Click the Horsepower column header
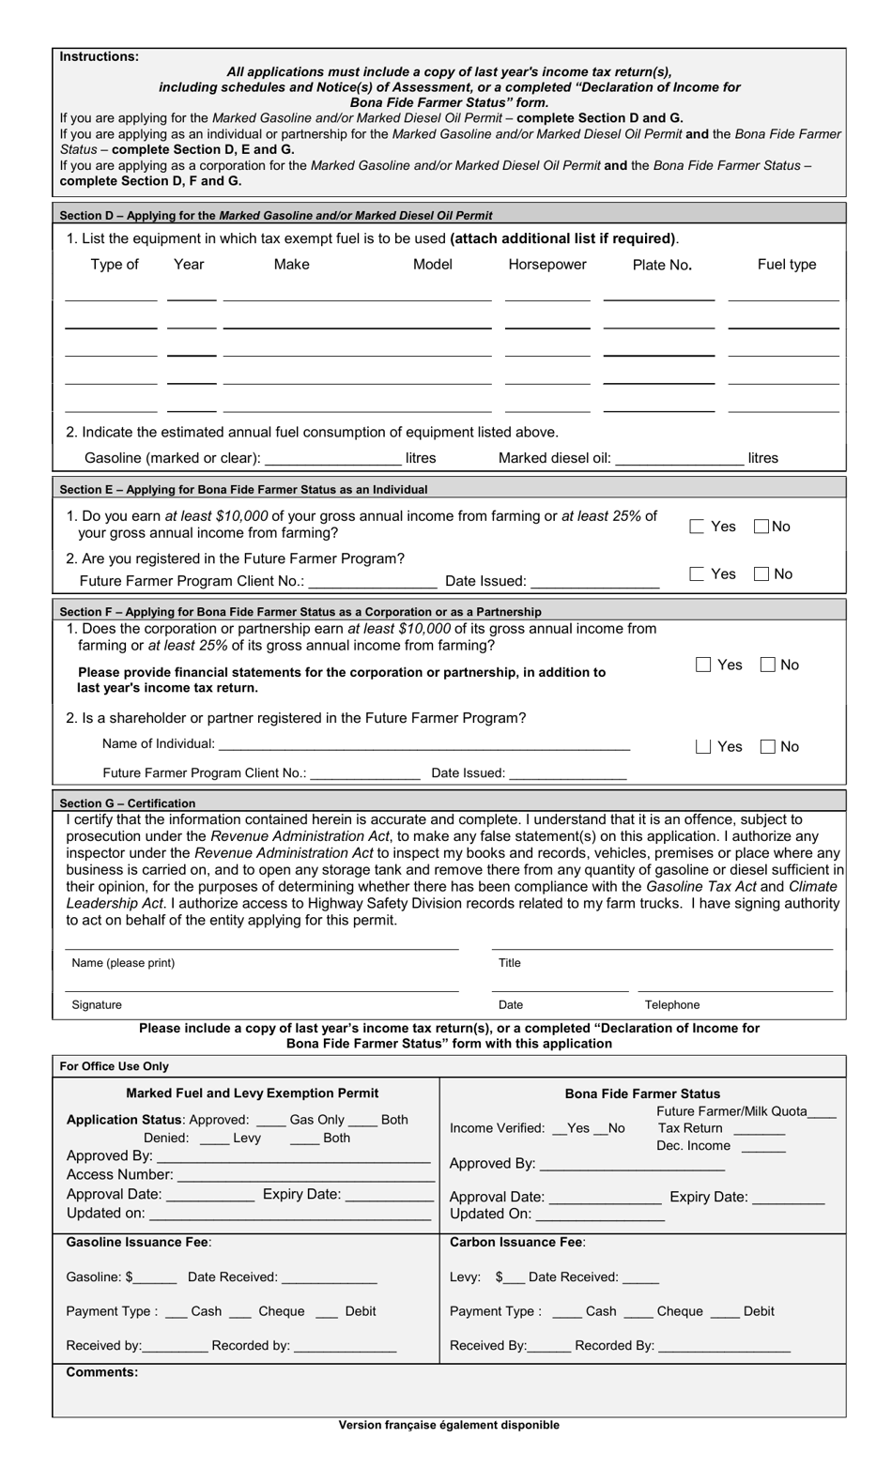pyautogui.click(x=546, y=265)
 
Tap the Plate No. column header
pyautogui.click(x=662, y=265)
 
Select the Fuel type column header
pyautogui.click(x=786, y=265)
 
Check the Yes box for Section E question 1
pyautogui.click(x=697, y=527)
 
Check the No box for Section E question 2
pyautogui.click(x=762, y=574)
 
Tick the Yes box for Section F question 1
pyautogui.click(x=703, y=665)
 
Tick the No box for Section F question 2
pyautogui.click(x=768, y=747)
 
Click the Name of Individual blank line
pyautogui.click(x=423, y=745)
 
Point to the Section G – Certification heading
pyautogui.click(x=128, y=803)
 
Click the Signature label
pyautogui.click(x=97, y=1005)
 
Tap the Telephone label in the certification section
pyautogui.click(x=672, y=1005)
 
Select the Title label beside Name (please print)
pyautogui.click(x=509, y=963)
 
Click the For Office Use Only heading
pyautogui.click(x=114, y=1066)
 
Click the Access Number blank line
pyautogui.click(x=305, y=1176)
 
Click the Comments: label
pyautogui.click(x=101, y=1372)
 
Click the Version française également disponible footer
pyautogui.click(x=449, y=1425)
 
